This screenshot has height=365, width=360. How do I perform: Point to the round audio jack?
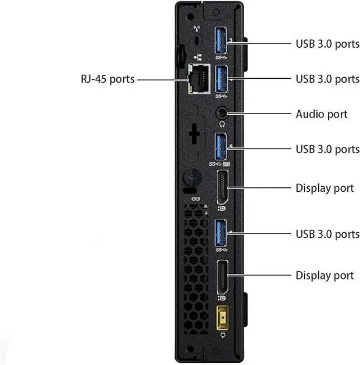(x=222, y=112)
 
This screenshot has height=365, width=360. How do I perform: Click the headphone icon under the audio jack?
(x=222, y=124)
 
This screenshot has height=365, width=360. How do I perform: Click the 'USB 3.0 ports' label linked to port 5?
(x=327, y=149)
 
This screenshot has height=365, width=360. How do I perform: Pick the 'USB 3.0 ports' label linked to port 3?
(x=327, y=43)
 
